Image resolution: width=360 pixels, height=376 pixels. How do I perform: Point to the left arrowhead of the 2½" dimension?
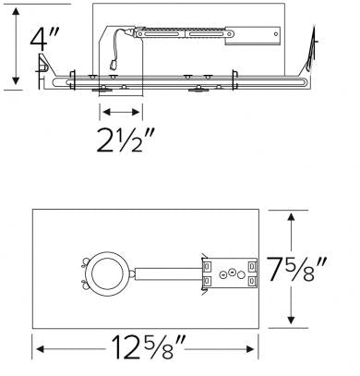coord(101,113)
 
